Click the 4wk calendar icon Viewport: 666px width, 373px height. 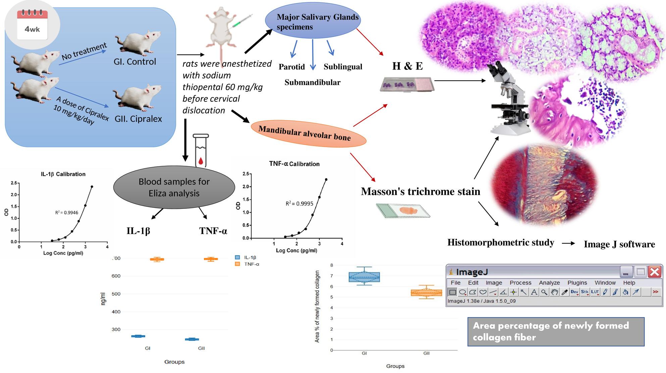[x=32, y=25]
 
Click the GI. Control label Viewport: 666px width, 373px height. [x=135, y=62]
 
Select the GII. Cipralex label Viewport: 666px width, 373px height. [x=138, y=119]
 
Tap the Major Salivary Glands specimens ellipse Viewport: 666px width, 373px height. [x=313, y=21]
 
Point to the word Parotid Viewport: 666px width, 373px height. [x=292, y=67]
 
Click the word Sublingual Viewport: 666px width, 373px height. [x=343, y=67]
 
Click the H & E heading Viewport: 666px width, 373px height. [x=407, y=66]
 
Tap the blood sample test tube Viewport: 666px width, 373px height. [x=201, y=151]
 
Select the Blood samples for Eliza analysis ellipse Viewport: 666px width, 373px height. [x=174, y=187]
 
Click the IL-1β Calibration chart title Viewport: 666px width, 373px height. [x=63, y=174]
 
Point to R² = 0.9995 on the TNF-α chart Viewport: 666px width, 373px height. [x=299, y=203]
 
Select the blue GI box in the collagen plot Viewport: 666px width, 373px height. [x=364, y=277]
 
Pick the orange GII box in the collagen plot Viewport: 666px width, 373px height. [x=426, y=293]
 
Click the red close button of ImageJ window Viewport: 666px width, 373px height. [x=654, y=272]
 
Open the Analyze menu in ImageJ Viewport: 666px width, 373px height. [x=549, y=283]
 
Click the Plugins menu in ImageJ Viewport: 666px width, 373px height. [x=577, y=283]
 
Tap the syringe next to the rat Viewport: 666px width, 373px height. [x=242, y=21]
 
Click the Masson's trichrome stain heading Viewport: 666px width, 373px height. [x=420, y=191]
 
